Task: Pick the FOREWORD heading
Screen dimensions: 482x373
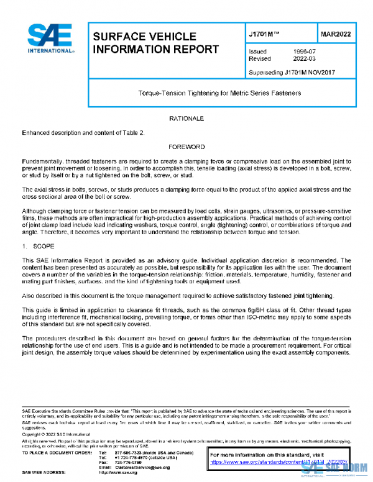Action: [186, 147]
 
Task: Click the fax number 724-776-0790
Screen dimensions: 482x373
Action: [129, 462]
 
